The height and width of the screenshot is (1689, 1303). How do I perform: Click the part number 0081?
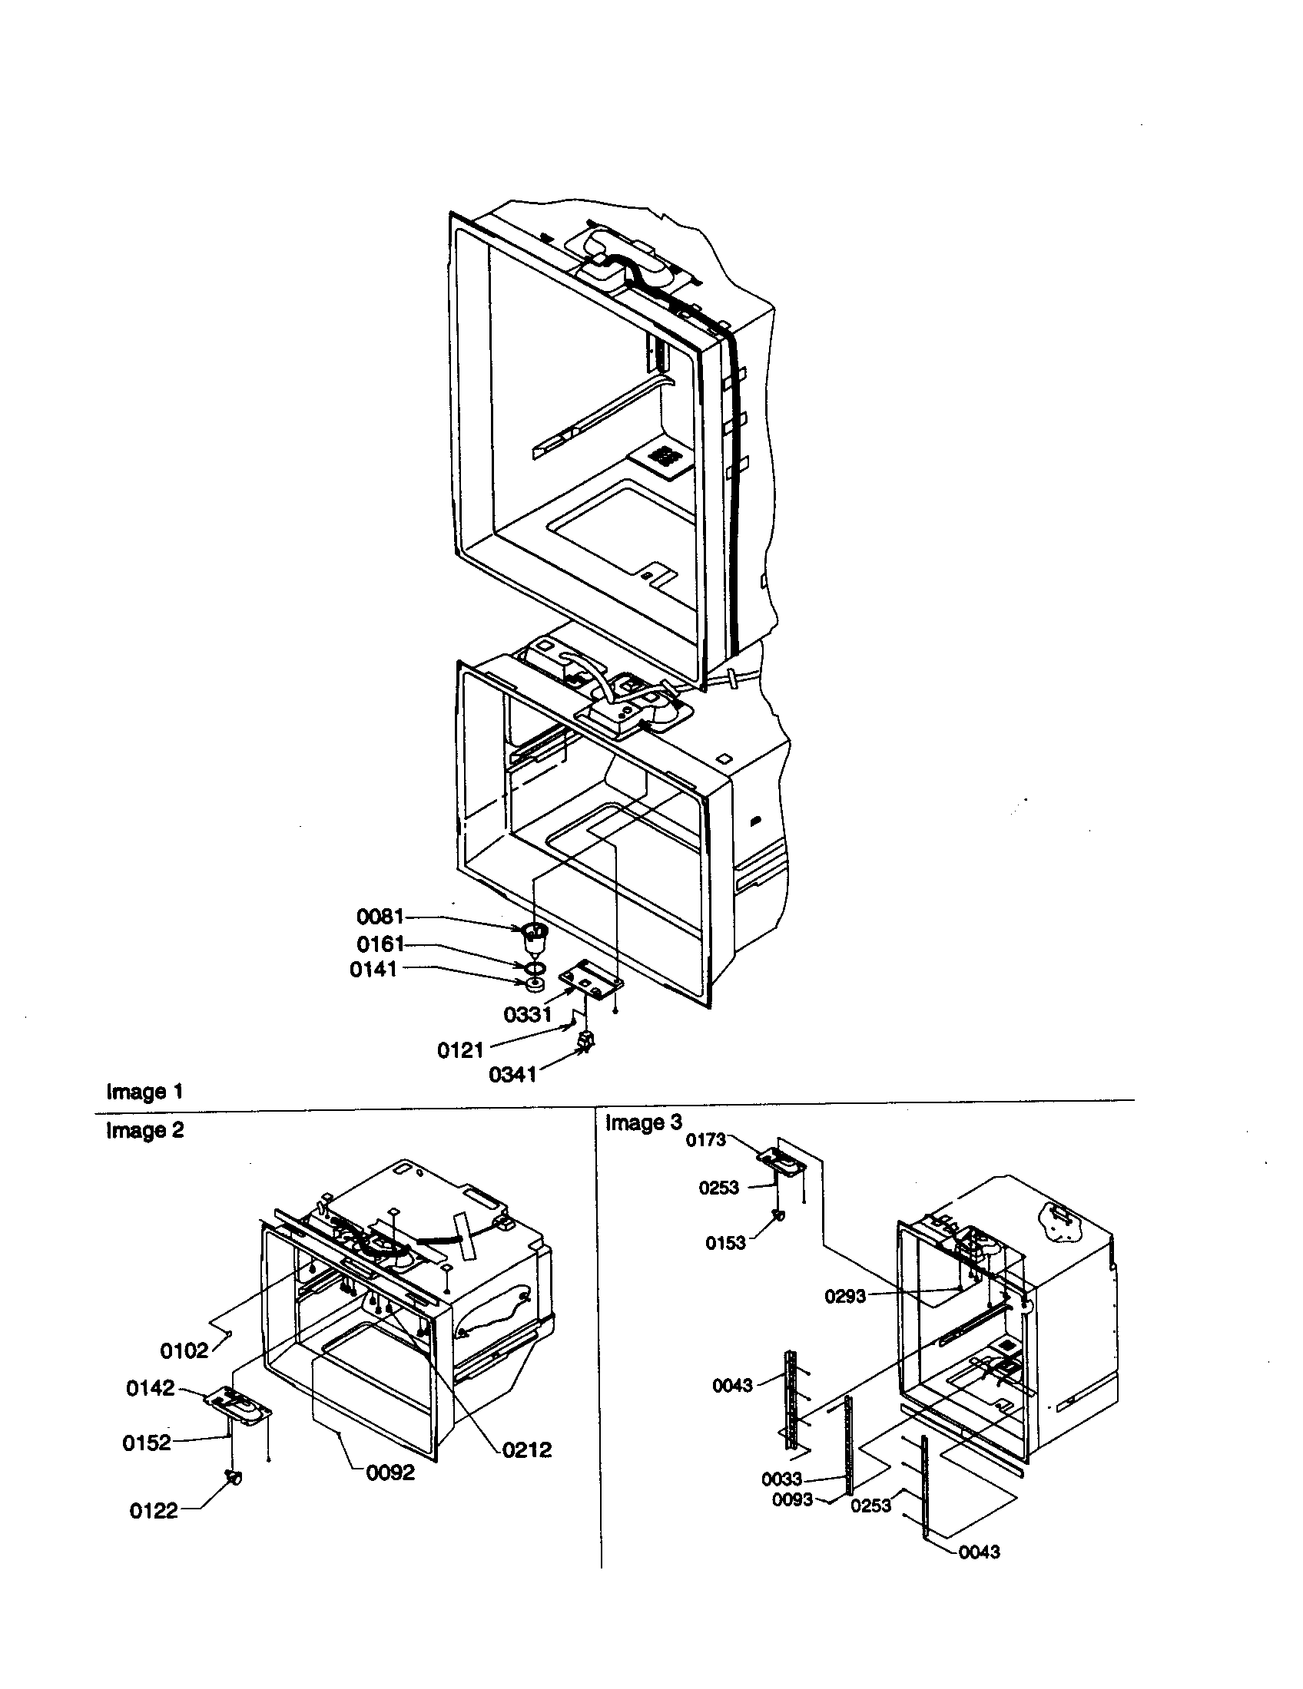click(x=380, y=917)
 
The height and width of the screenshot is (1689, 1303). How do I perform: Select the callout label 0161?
click(x=380, y=944)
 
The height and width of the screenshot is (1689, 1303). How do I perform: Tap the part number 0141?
click(x=373, y=970)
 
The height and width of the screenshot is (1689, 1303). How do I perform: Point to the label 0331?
click(x=527, y=1015)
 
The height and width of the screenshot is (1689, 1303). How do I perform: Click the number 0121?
click(x=460, y=1050)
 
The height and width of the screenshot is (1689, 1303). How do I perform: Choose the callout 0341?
click(x=512, y=1075)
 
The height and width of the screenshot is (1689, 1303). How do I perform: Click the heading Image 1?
click(x=144, y=1092)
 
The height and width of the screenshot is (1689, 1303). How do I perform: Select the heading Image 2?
click(x=144, y=1131)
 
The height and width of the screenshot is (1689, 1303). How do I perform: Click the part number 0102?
click(x=184, y=1351)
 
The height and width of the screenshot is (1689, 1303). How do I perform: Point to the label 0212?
click(x=527, y=1450)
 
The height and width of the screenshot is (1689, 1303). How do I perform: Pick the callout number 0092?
click(x=390, y=1473)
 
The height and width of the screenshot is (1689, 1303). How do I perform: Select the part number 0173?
click(x=705, y=1140)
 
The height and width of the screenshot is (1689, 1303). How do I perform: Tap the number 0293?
click(x=845, y=1297)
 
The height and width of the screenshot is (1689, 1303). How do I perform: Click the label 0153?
click(x=725, y=1243)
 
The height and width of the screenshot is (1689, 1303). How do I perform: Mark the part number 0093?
click(x=792, y=1499)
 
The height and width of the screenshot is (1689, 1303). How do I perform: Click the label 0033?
click(x=781, y=1479)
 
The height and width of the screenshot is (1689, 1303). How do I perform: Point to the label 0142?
click(x=150, y=1389)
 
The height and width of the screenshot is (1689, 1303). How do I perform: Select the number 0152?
click(x=146, y=1443)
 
